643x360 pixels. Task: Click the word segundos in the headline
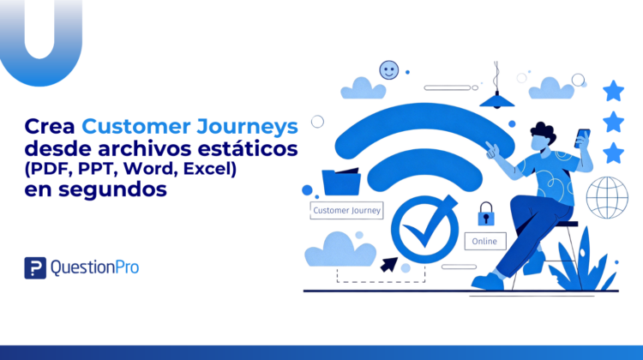pyautogui.click(x=120, y=189)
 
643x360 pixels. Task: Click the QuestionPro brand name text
pyautogui.click(x=94, y=267)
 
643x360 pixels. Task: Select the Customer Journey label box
pyautogui.click(x=346, y=210)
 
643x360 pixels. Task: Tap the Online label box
pyautogui.click(x=484, y=241)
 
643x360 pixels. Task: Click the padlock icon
pyautogui.click(x=486, y=211)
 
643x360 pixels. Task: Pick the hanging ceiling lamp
pyautogui.click(x=496, y=95)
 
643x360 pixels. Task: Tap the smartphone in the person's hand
pyautogui.click(x=583, y=138)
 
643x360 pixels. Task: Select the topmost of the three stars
pyautogui.click(x=613, y=90)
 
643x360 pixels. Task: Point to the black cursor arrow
pyautogui.click(x=387, y=264)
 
